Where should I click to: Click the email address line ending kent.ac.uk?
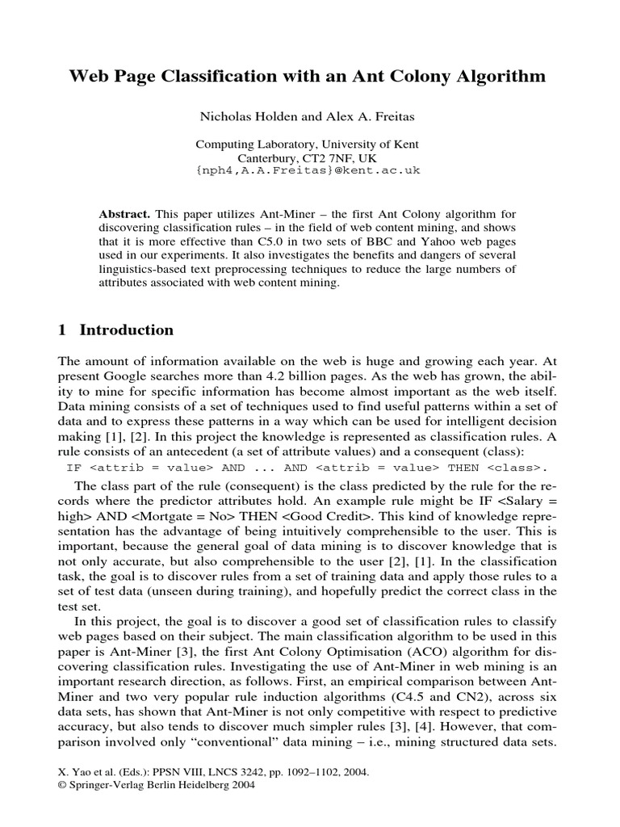[309, 171]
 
